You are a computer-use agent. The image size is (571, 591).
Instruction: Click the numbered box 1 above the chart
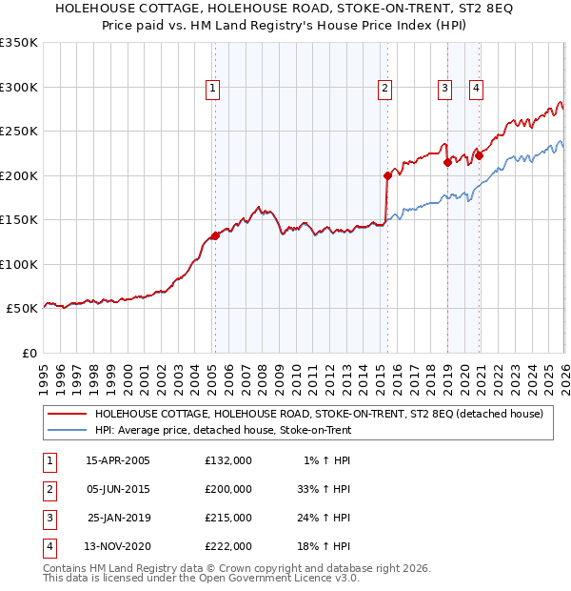212,89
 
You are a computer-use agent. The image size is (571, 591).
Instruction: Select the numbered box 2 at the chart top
384,89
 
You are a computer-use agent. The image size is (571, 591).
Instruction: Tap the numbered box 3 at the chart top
445,89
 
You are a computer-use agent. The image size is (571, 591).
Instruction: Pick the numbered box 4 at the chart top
476,89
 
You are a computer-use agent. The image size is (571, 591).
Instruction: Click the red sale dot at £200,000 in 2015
387,175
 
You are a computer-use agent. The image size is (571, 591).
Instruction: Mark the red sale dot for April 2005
215,235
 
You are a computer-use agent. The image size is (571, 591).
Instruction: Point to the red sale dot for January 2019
447,162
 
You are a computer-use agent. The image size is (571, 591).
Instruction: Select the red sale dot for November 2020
479,155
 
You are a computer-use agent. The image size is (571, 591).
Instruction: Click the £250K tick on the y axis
19,132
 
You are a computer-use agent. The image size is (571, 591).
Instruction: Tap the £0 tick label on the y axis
29,354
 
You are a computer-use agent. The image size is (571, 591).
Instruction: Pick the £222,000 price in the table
228,546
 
